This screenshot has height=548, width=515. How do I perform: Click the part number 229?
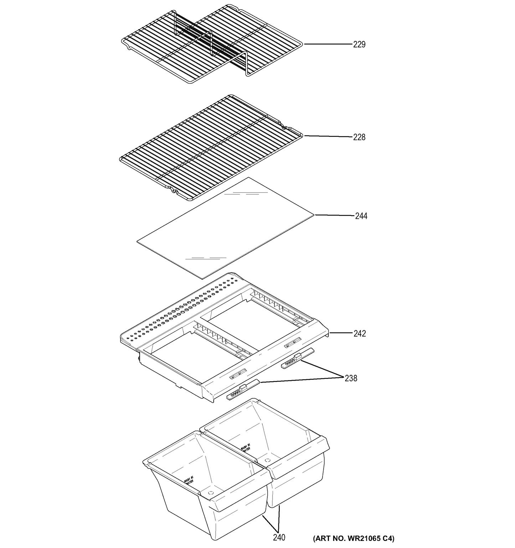(359, 45)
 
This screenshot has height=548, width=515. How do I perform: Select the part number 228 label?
(359, 137)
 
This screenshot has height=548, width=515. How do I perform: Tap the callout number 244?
(361, 216)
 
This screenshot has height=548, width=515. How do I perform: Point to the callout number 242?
(360, 334)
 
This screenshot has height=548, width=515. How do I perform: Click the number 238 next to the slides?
(351, 378)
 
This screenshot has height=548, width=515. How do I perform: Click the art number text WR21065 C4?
(354, 538)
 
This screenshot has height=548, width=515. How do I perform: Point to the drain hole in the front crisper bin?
(210, 493)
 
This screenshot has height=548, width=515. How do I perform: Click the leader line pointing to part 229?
(328, 44)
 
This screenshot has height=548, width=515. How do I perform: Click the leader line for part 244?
(334, 215)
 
